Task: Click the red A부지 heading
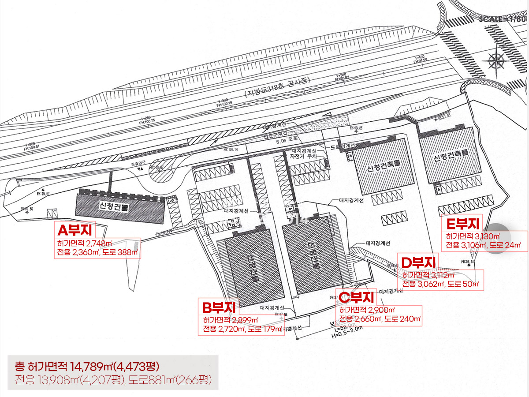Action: click(x=75, y=230)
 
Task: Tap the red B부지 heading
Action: click(x=219, y=307)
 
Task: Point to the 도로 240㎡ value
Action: click(x=402, y=319)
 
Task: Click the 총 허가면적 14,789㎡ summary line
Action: click(x=86, y=366)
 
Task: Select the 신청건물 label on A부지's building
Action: click(x=114, y=206)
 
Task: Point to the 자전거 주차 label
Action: click(x=302, y=156)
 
